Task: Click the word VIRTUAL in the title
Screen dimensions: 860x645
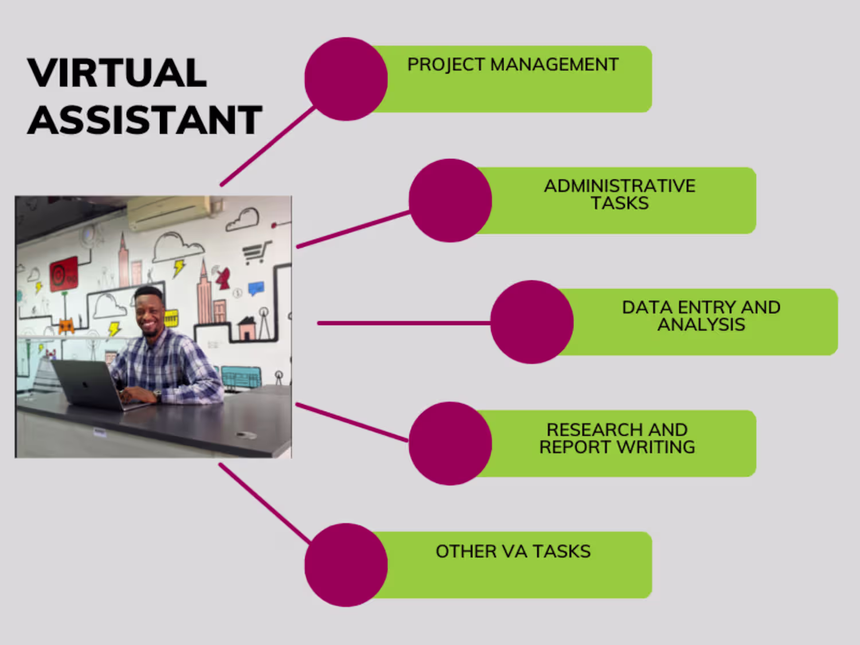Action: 117,73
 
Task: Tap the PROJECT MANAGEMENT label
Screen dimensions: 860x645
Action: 513,65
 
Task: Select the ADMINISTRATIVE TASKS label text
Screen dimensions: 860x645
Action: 619,194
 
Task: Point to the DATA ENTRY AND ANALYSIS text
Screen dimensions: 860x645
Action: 701,316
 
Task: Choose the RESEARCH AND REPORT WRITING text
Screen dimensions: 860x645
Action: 617,438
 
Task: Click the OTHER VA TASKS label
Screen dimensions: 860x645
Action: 513,552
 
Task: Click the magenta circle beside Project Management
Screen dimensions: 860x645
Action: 346,79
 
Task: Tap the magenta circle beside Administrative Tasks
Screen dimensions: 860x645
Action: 450,201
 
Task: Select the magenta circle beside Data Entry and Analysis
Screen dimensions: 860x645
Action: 531,322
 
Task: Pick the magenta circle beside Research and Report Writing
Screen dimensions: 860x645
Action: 450,443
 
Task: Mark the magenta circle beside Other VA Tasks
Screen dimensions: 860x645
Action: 346,565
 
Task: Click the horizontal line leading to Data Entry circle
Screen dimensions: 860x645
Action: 404,323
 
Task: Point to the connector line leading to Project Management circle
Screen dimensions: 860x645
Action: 268,146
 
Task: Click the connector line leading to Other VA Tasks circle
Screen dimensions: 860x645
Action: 265,503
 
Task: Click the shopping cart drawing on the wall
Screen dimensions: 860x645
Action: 257,252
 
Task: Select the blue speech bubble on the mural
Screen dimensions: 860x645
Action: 256,288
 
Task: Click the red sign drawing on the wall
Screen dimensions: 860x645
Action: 64,274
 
